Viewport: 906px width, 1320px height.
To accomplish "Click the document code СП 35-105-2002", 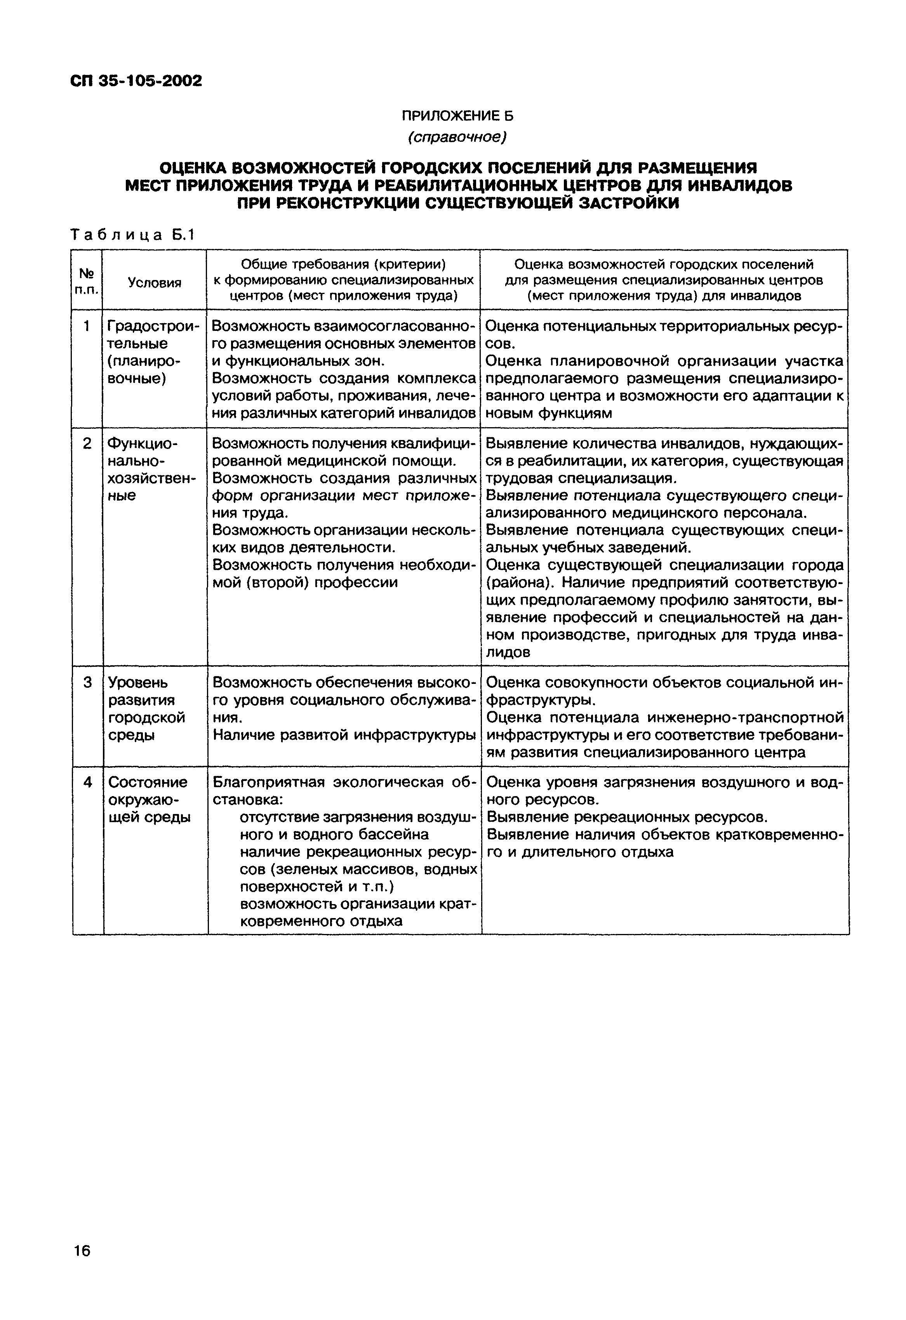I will click(136, 81).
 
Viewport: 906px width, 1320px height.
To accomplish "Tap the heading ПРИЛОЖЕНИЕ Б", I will click(457, 116).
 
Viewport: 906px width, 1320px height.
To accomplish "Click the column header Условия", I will click(155, 282).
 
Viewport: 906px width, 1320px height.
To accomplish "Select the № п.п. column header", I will click(86, 281).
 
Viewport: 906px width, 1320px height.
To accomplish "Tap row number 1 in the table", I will click(86, 326).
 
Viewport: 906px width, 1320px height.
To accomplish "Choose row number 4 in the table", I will click(87, 783).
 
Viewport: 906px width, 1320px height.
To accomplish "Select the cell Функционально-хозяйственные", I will click(151, 469).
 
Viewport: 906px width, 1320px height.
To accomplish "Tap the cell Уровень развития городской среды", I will click(146, 708).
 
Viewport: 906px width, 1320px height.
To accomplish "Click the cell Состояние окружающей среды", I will click(149, 800).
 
